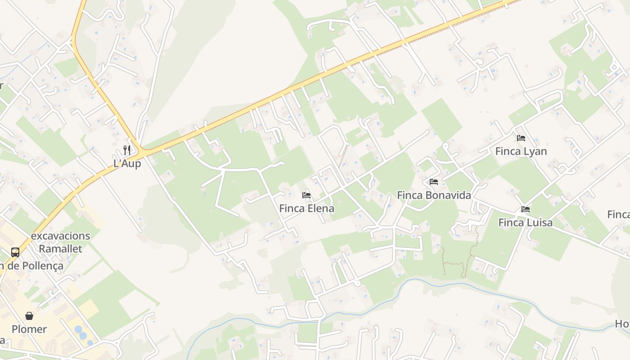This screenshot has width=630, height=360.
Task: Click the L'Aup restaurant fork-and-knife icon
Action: pyautogui.click(x=127, y=150)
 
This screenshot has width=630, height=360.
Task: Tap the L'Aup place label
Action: pyautogui.click(x=127, y=163)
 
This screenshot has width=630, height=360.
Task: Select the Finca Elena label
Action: pyautogui.click(x=306, y=208)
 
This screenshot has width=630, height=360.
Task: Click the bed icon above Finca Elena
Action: pyautogui.click(x=306, y=195)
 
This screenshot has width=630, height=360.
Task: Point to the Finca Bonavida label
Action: pyautogui.click(x=434, y=195)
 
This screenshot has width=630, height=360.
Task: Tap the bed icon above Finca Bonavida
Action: pyautogui.click(x=434, y=182)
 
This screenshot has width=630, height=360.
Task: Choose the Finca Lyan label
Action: pyautogui.click(x=521, y=151)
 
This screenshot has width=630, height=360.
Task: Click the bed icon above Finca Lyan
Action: pyautogui.click(x=521, y=138)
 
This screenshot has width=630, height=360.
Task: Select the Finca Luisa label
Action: pyautogui.click(x=525, y=222)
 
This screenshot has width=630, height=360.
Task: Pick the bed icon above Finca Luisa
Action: pyautogui.click(x=525, y=209)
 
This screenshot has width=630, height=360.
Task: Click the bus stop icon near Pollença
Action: pyautogui.click(x=15, y=252)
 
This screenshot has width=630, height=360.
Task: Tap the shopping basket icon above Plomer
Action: pyautogui.click(x=29, y=316)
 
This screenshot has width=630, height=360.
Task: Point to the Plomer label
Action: pyautogui.click(x=29, y=329)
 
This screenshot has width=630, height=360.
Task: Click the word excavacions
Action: pyautogui.click(x=60, y=236)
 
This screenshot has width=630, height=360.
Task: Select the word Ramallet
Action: pyautogui.click(x=60, y=249)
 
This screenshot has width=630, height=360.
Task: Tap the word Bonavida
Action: pyautogui.click(x=448, y=195)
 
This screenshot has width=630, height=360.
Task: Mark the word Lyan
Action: pyautogui.click(x=535, y=151)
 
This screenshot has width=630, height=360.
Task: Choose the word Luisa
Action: pyautogui.click(x=539, y=222)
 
